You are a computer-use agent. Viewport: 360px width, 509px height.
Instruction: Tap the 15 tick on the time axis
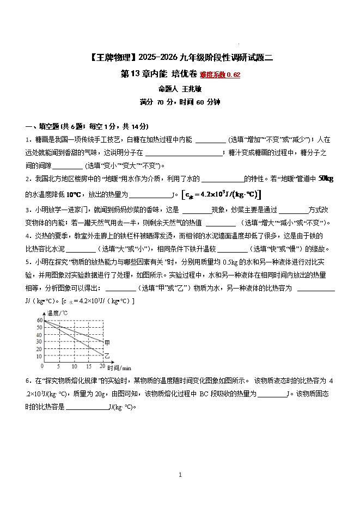click(88, 366)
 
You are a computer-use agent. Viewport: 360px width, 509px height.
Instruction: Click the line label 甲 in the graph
click(107, 342)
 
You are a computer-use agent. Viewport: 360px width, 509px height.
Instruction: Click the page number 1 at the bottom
click(180, 475)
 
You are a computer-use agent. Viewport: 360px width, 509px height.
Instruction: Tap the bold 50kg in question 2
click(325, 179)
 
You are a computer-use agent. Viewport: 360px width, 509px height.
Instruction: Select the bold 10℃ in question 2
click(74, 194)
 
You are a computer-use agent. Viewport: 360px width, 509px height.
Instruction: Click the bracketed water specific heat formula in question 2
click(222, 194)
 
